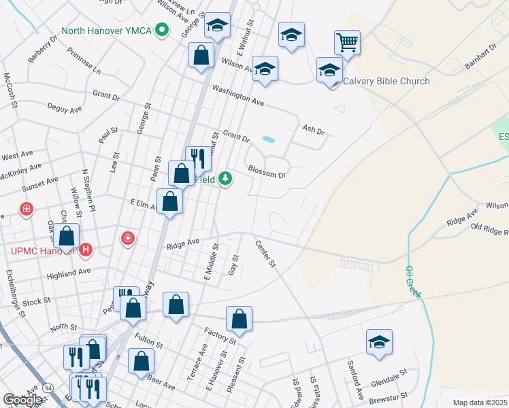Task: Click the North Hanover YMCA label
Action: tap(105, 30)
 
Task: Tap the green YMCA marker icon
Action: tap(161, 30)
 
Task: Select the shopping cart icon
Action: tap(347, 43)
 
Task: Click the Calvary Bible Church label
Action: tap(386, 81)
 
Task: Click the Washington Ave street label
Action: tap(237, 94)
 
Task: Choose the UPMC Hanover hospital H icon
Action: tap(85, 250)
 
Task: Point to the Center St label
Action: tap(265, 253)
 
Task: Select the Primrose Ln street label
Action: tap(84, 61)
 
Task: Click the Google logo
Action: tap(23, 400)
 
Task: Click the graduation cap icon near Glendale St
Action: tap(379, 342)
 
